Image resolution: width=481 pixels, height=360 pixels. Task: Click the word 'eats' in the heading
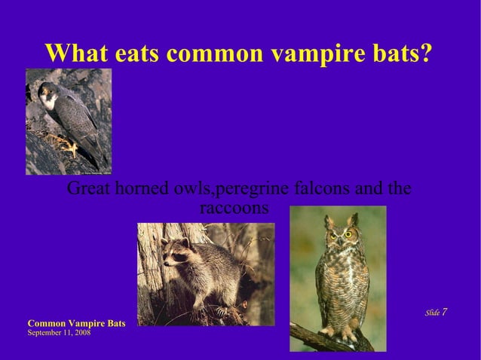coord(138,53)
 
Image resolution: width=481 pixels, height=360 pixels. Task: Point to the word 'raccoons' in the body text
coord(234,207)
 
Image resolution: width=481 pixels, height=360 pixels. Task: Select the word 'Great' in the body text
coord(88,188)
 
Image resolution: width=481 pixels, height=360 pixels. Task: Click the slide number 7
coord(445,312)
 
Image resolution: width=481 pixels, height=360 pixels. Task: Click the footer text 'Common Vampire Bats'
coord(76,323)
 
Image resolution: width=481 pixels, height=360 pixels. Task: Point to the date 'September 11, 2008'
coord(59,332)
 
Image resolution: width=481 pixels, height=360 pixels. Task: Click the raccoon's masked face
coord(176,254)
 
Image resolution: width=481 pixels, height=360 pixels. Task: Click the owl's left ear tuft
coord(329,222)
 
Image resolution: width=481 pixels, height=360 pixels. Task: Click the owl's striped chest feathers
coord(342,282)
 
